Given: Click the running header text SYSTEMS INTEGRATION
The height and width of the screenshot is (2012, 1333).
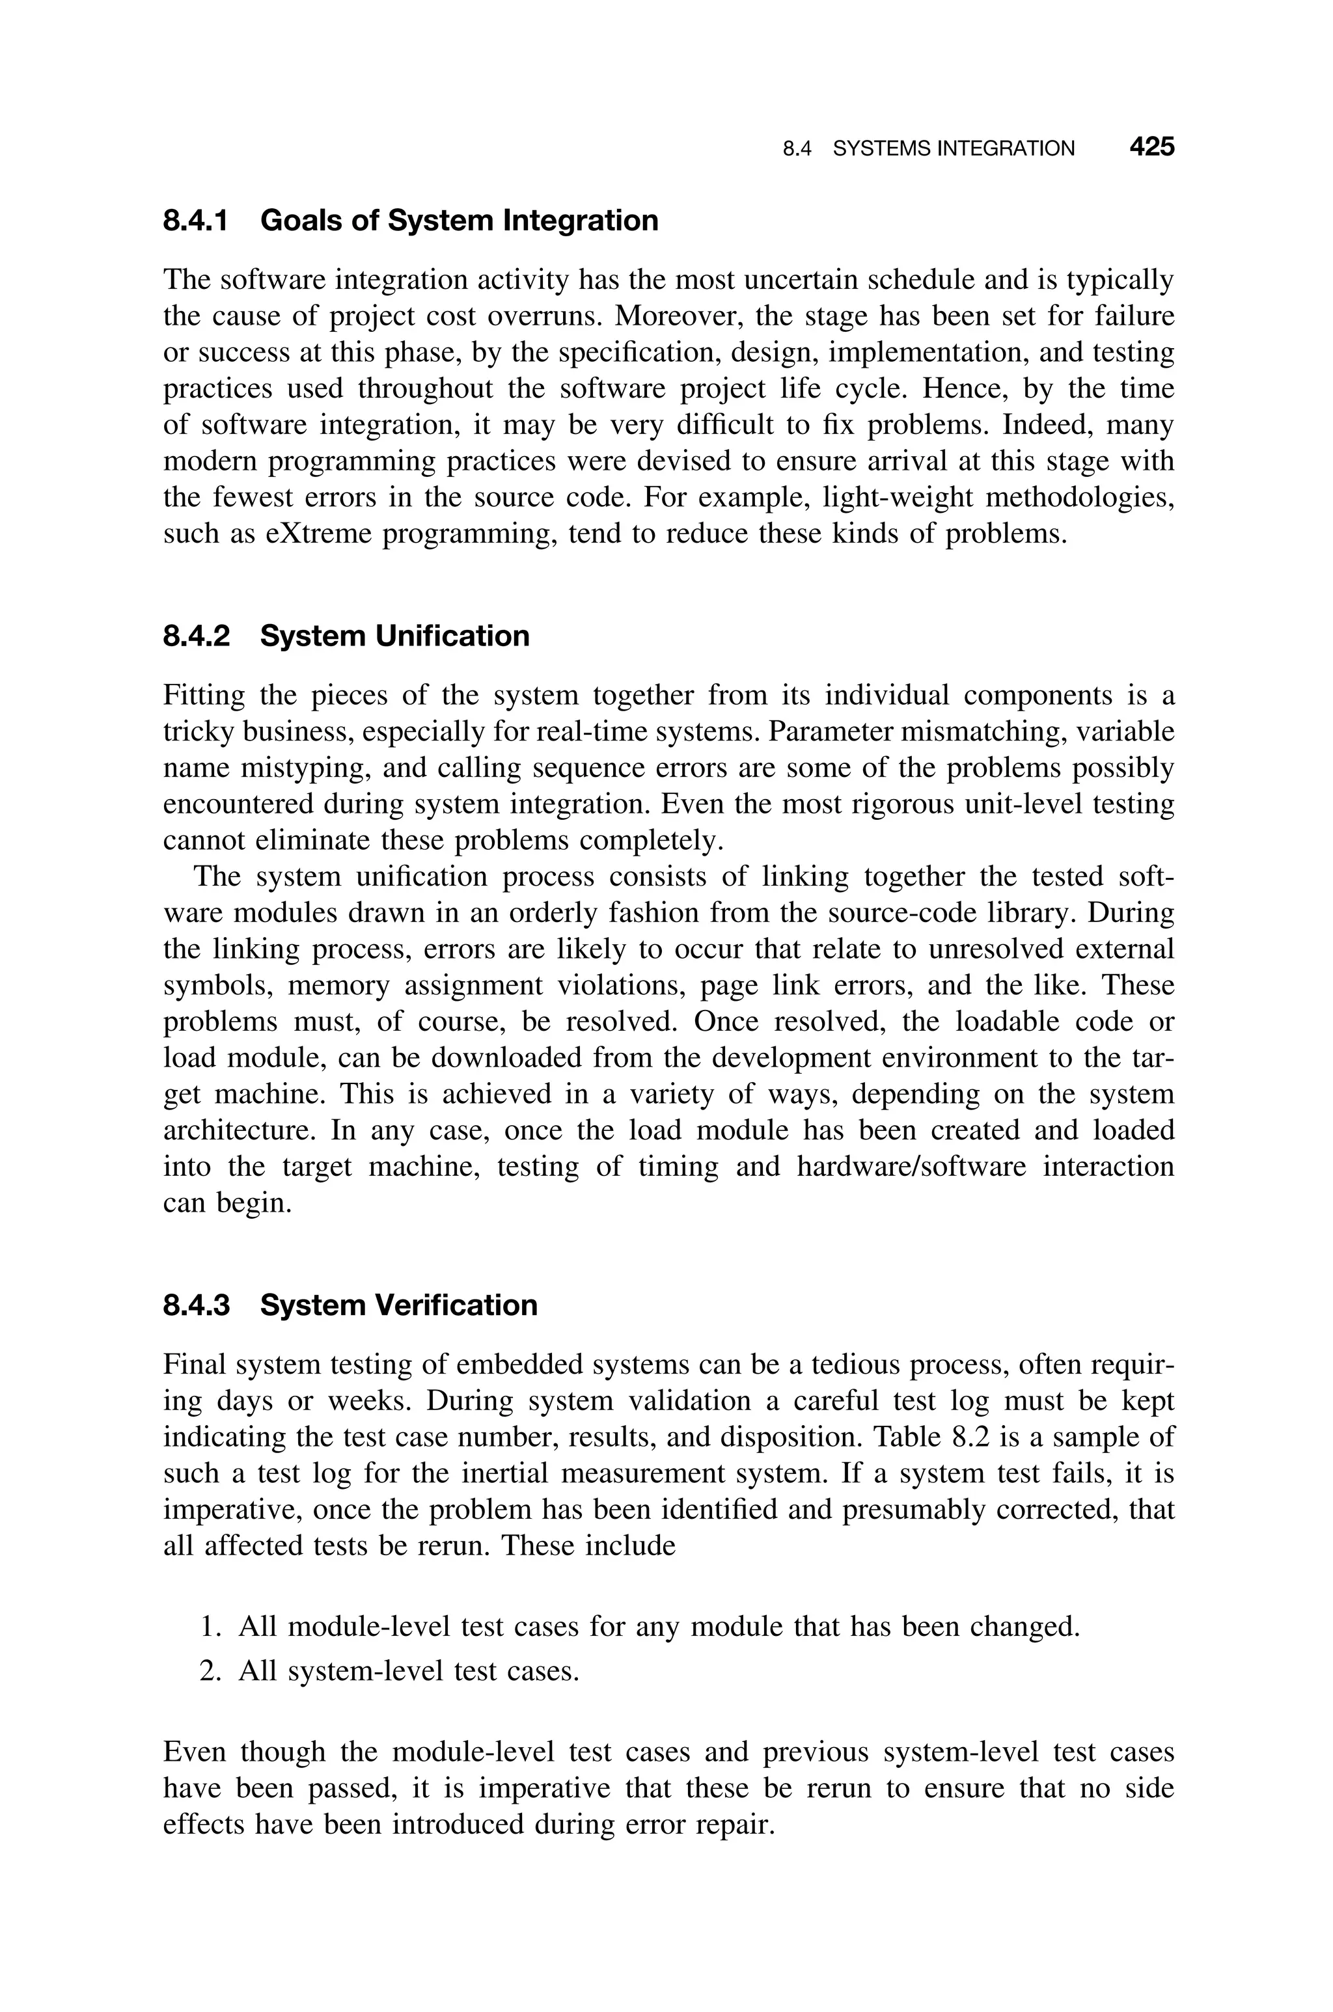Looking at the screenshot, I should coord(953,149).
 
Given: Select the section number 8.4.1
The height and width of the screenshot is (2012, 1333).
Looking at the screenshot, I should coord(195,221).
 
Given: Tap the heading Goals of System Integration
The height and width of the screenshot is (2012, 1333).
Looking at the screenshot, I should coord(459,221).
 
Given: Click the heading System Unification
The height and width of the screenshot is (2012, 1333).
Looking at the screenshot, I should coord(394,636).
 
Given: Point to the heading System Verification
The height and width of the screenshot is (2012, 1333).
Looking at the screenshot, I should coord(399,1305).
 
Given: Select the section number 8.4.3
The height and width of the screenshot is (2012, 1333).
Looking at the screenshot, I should coord(195,1305).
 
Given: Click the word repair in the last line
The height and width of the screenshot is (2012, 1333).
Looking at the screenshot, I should coord(734,1825).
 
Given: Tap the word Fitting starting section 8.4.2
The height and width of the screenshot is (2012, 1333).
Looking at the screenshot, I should coord(203,696).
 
